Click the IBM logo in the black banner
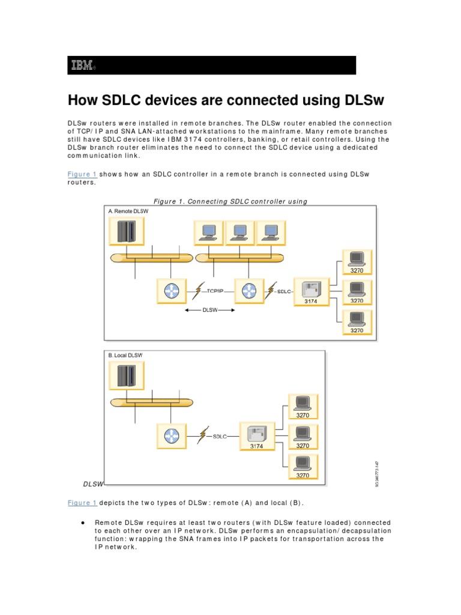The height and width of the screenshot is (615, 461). (x=81, y=65)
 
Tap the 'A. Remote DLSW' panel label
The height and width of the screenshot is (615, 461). (x=128, y=211)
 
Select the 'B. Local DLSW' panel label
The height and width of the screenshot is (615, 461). (x=125, y=356)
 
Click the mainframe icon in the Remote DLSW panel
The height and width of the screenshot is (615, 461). (x=127, y=231)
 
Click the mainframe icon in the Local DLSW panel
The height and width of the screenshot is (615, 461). (x=127, y=376)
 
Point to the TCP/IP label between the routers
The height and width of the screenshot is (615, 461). (x=215, y=291)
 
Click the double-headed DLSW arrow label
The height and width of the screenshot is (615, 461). (x=209, y=311)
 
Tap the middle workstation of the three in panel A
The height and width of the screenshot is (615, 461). (x=240, y=232)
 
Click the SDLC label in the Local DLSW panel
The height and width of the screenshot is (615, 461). (x=220, y=437)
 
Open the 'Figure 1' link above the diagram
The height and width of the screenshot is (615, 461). (x=82, y=174)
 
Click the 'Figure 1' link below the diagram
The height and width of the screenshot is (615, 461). (x=82, y=503)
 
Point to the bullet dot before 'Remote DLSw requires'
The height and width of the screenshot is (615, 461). (x=81, y=523)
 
